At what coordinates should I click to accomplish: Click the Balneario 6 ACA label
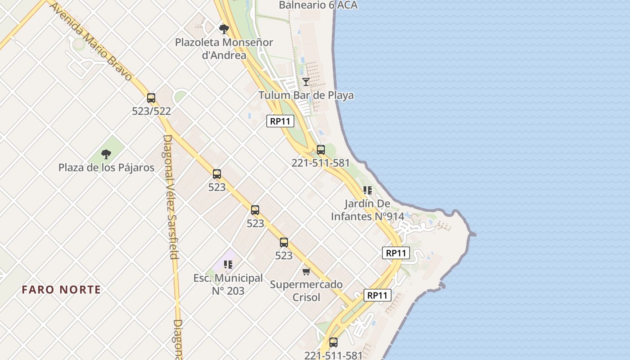pos(318,5)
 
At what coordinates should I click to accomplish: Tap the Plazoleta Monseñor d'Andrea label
pos(224,49)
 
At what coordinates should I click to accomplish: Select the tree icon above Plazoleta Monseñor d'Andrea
pos(224,30)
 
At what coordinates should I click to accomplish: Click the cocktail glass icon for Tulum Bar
pos(306,81)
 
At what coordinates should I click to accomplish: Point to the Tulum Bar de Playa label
pos(306,95)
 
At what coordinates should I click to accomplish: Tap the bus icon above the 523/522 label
pos(151,98)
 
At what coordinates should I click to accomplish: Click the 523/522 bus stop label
pos(151,111)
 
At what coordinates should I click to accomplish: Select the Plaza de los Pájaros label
pos(106,168)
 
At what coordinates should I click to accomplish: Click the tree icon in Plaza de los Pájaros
pos(106,154)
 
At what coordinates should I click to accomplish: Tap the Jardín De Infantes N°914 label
pos(368,210)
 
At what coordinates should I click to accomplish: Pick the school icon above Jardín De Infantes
pos(368,190)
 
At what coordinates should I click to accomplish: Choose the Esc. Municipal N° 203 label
pos(228,284)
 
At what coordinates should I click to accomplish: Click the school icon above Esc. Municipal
pos(228,265)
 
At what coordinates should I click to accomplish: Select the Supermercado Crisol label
pos(306,291)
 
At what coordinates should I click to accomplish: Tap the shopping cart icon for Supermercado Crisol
pos(306,271)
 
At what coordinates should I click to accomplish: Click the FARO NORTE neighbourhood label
pos(61,290)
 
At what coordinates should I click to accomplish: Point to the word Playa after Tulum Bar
pos(340,95)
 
